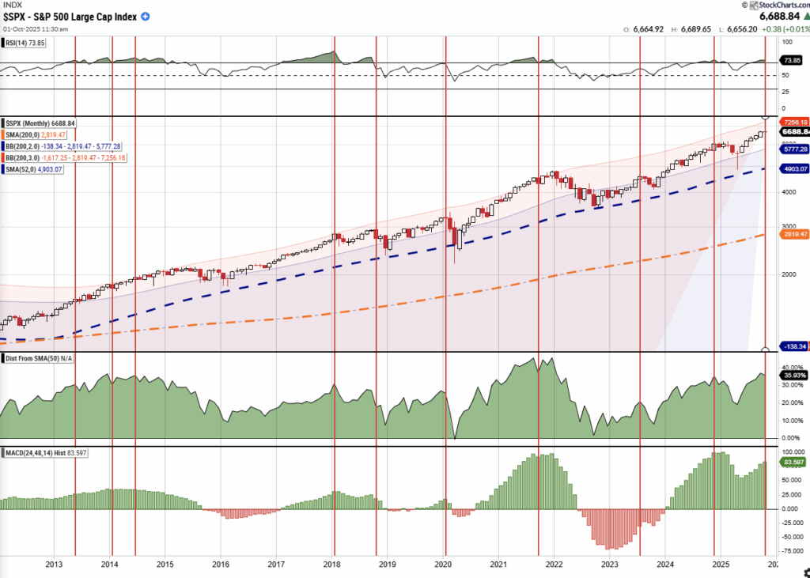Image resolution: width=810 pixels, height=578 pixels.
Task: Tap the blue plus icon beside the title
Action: pos(146,17)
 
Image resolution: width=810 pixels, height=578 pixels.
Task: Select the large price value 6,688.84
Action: pos(782,16)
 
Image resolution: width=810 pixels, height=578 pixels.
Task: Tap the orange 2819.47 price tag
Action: pos(793,235)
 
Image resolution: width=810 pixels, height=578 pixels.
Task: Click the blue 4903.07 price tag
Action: pos(793,168)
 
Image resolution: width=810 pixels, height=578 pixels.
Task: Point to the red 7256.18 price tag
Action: pos(793,122)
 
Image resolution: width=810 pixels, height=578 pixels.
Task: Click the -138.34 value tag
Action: pos(793,346)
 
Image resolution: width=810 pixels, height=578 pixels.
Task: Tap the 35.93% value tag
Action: pos(793,375)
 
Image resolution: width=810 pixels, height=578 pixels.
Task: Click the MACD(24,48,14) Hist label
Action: pos(44,451)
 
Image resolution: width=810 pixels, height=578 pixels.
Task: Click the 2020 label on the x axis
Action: pos(443,565)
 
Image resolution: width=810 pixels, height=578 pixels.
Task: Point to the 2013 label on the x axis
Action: pos(54,565)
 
